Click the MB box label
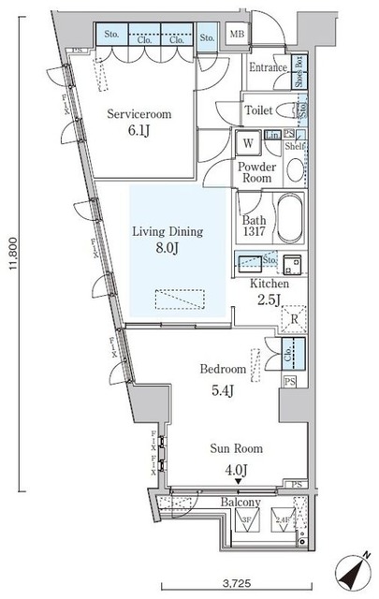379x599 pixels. tap(237, 36)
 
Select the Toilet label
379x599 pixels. tap(259, 110)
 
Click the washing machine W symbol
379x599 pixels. tap(248, 144)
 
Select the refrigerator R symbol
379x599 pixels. tap(294, 319)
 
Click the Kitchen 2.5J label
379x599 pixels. tap(269, 291)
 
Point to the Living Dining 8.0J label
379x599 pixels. tap(168, 241)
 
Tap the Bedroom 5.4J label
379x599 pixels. tap(221, 378)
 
